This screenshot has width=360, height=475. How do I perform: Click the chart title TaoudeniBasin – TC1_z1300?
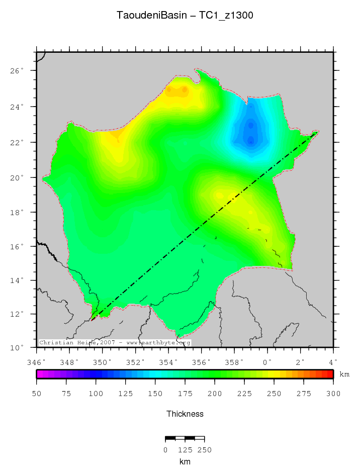[x=185, y=16]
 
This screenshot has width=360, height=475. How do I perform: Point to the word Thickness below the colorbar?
[x=185, y=414]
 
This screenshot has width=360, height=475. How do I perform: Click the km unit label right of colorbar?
[x=344, y=374]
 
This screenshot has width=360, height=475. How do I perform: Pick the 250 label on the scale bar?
[x=204, y=450]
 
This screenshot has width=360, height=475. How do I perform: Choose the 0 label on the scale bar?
[x=165, y=450]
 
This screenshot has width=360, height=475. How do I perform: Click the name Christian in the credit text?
[x=55, y=343]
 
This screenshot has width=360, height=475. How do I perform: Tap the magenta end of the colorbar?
[x=39, y=374]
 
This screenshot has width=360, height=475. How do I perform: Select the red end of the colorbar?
[x=330, y=374]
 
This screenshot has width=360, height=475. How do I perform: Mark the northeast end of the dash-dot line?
[x=318, y=132]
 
